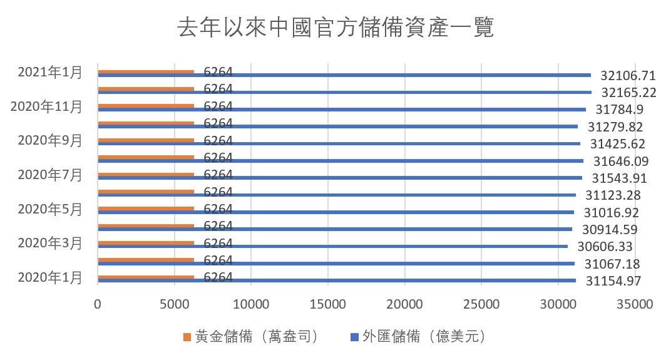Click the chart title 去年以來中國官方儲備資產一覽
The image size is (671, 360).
point(335,28)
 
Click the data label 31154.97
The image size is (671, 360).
point(613,281)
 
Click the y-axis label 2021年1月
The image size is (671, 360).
point(50,72)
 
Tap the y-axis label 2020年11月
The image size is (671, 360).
point(46,106)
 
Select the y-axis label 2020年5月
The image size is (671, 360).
point(50,209)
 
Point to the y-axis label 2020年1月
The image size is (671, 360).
point(50,277)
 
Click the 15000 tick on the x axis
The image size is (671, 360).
point(328,304)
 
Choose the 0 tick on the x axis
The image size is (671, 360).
point(98,304)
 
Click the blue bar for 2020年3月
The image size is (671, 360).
point(332,246)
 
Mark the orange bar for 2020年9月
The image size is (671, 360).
point(146,140)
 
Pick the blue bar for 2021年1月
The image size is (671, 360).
point(344,75)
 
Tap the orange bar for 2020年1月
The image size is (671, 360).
point(146,277)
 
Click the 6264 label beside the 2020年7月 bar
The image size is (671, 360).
point(218,175)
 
